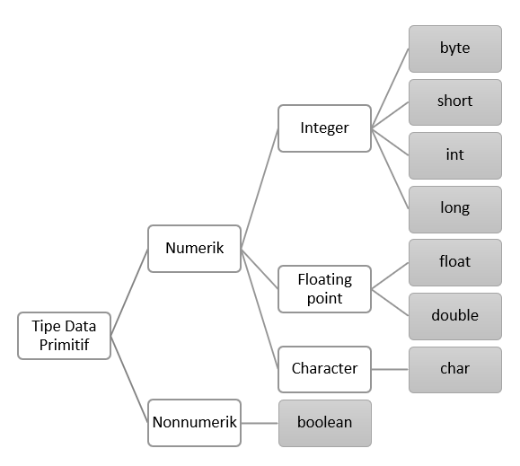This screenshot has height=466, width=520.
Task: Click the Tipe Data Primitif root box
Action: (65, 335)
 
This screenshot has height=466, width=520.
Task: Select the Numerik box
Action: (194, 248)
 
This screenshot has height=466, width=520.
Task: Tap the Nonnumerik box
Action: (194, 422)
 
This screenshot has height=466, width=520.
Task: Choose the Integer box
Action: (324, 128)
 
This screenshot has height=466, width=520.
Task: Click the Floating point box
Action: (324, 288)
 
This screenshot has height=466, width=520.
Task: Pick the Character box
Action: (324, 368)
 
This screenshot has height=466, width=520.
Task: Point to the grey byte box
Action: (454, 48)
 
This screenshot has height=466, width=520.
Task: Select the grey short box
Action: (454, 101)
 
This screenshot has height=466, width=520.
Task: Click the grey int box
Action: (454, 154)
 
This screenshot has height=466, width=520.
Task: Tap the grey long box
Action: (454, 208)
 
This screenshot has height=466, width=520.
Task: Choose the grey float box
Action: (454, 262)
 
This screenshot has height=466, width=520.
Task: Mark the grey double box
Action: (454, 315)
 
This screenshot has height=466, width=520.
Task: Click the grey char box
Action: (454, 368)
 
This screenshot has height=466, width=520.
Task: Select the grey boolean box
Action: (324, 422)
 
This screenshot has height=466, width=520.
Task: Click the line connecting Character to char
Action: (390, 369)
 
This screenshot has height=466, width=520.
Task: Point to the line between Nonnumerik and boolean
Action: (260, 422)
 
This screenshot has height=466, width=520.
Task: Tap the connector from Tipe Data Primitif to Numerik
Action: (128, 292)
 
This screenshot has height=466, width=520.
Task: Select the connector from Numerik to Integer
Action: (260, 189)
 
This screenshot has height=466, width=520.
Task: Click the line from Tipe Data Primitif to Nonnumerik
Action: (128, 378)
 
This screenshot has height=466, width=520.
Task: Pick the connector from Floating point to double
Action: (390, 302)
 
